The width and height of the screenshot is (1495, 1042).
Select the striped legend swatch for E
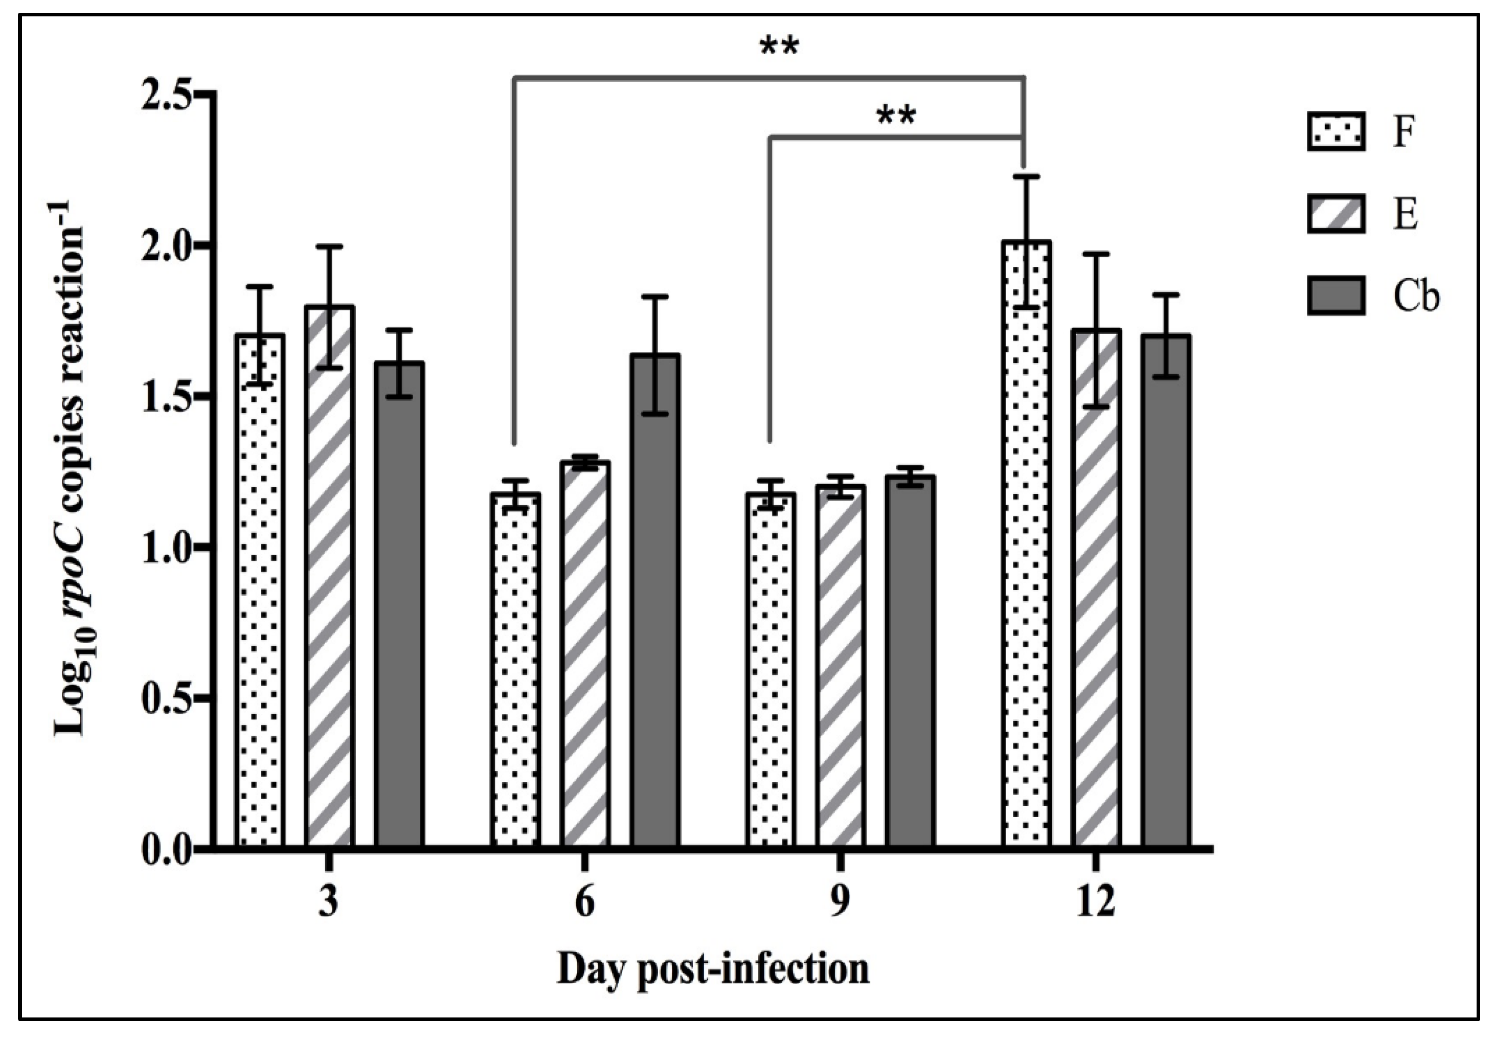(x=1335, y=214)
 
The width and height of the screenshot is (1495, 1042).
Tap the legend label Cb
(x=1416, y=297)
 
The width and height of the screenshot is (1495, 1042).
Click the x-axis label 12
(x=1095, y=902)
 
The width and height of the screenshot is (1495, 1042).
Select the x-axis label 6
(x=585, y=902)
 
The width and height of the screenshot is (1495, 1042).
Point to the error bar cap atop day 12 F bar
(x=1026, y=176)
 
